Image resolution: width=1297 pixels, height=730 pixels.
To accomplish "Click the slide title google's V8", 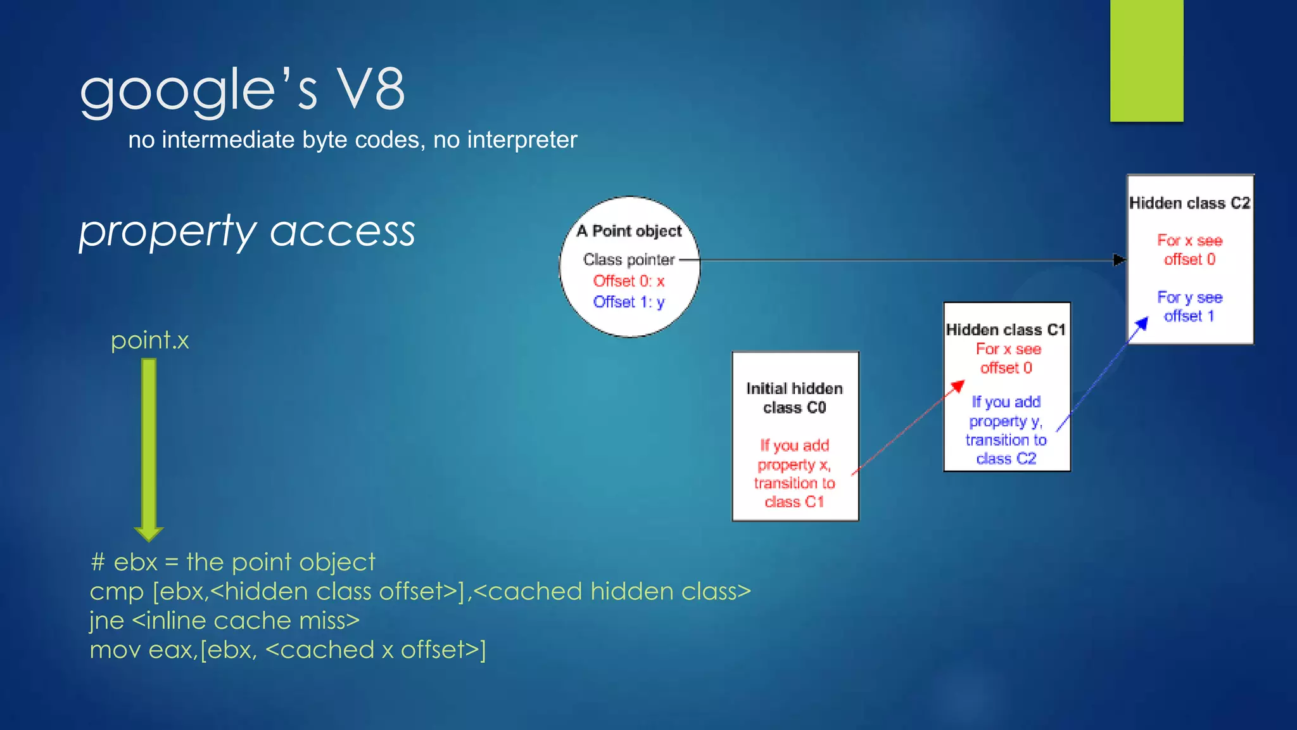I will coord(242,90).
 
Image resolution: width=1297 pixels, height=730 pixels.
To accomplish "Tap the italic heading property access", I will coord(247,231).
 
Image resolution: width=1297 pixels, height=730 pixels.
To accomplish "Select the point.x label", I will coord(149,340).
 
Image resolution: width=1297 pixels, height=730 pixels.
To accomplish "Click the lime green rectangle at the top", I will coord(1146,60).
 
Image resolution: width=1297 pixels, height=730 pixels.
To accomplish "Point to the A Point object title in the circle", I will coord(629,231).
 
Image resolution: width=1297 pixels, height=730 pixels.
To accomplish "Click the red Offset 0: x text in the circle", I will coord(628,281).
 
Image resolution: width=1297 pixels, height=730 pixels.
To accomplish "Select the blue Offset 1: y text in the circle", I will coord(628,302).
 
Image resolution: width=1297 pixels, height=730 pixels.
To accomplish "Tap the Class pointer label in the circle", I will coord(628,260).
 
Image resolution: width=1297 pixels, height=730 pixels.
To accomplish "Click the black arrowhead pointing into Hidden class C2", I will coord(1119,260).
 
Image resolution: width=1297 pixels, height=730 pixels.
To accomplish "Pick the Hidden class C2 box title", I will coord(1189,203).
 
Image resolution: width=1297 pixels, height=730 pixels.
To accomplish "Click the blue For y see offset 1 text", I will coord(1189,307).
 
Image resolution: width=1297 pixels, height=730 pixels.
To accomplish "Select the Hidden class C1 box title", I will coord(1006,330).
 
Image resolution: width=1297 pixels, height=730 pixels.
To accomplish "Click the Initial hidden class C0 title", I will coord(794,398).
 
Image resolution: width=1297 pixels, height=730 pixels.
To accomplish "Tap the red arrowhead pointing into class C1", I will coord(958,385).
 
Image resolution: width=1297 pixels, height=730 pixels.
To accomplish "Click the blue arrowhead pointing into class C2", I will coord(1141,324).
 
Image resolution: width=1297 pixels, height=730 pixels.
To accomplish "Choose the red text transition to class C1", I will coord(794,492).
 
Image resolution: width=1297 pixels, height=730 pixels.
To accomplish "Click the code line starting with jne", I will coord(224,620).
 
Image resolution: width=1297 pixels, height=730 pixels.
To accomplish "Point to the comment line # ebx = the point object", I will coord(232,562).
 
